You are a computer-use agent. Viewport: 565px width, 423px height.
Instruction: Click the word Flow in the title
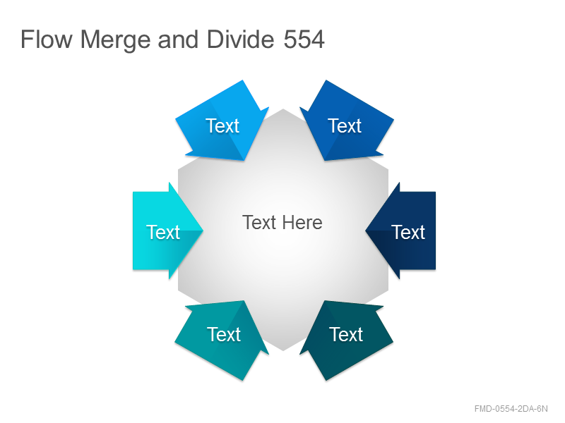(x=47, y=39)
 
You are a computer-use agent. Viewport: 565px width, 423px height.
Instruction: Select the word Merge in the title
(x=115, y=40)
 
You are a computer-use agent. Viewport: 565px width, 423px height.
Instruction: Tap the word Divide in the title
(x=241, y=39)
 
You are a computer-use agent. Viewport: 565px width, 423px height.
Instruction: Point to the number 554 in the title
(x=304, y=39)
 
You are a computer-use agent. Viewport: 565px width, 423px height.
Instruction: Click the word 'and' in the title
(x=178, y=39)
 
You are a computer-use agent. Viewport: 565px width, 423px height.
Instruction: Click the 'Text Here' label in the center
(x=282, y=222)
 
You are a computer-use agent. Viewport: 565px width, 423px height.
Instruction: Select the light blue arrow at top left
(x=222, y=121)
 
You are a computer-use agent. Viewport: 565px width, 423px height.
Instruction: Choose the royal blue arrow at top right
(x=346, y=121)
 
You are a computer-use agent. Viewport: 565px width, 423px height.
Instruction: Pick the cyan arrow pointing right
(x=168, y=231)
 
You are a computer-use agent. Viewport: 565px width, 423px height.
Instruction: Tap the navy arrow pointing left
(x=400, y=231)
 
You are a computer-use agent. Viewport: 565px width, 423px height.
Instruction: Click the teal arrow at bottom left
(x=222, y=341)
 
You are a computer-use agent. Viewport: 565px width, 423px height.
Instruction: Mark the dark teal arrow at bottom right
(x=346, y=341)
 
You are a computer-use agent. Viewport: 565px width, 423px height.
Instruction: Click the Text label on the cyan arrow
(x=163, y=232)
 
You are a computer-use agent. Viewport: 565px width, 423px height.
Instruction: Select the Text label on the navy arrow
(x=408, y=232)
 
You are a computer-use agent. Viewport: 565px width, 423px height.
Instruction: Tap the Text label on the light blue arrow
(x=222, y=126)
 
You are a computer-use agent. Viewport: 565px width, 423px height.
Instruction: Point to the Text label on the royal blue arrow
(x=345, y=126)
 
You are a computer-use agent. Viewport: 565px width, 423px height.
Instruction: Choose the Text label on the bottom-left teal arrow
(x=223, y=334)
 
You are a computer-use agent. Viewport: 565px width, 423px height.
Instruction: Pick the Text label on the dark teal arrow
(x=346, y=334)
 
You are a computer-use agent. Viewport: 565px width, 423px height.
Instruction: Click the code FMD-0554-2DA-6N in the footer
(x=511, y=409)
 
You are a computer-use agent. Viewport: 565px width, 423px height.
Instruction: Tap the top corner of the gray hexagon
(x=283, y=109)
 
